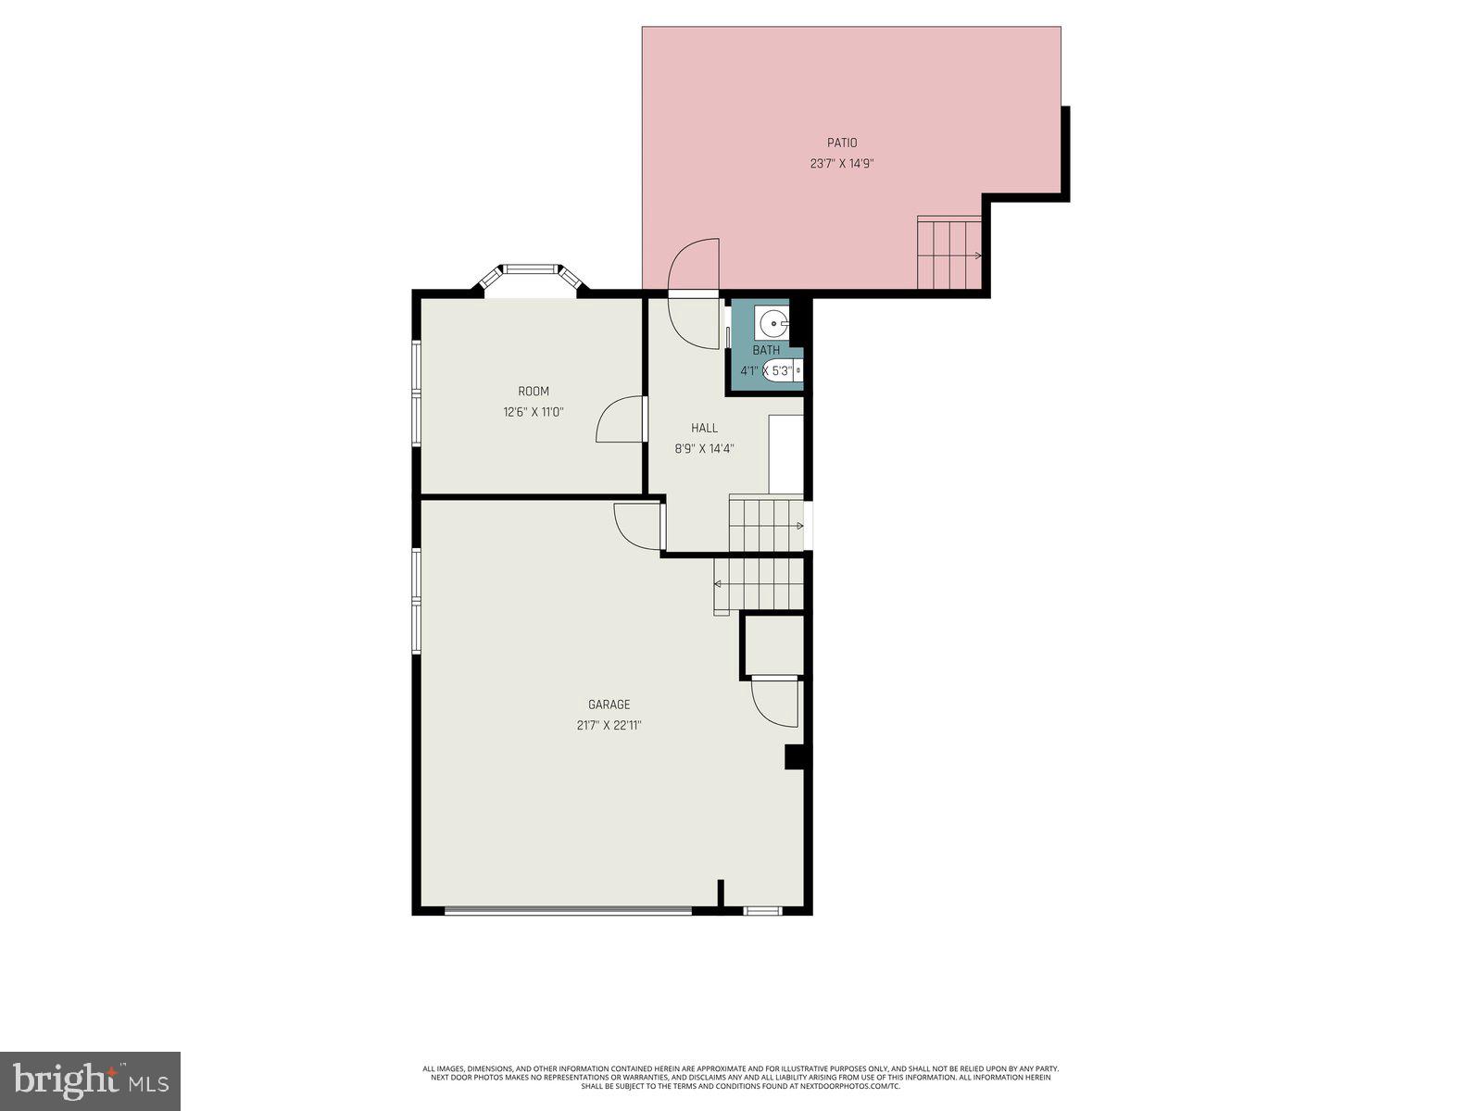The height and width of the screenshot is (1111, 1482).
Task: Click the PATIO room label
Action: (x=842, y=143)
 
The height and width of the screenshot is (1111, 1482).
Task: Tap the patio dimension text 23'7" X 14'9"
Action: (x=842, y=164)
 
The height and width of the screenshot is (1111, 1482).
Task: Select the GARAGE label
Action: (x=609, y=705)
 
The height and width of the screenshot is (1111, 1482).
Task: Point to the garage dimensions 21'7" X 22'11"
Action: (x=609, y=726)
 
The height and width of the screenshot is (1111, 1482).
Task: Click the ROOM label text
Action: (x=534, y=392)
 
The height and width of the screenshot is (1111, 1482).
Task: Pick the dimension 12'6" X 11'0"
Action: (x=534, y=412)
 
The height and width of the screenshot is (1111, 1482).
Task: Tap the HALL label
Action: (x=704, y=428)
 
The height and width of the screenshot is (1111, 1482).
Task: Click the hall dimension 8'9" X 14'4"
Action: (x=704, y=449)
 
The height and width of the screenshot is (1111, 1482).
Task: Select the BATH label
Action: (x=766, y=350)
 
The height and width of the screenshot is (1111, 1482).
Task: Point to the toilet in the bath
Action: (x=784, y=371)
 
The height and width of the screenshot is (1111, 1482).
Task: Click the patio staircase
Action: (x=949, y=253)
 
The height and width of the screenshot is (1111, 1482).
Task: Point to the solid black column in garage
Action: (x=794, y=756)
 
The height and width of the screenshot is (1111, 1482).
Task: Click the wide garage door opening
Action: (x=568, y=911)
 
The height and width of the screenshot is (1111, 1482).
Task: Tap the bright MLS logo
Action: (x=91, y=1080)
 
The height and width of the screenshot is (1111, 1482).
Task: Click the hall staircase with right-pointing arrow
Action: (x=766, y=525)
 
